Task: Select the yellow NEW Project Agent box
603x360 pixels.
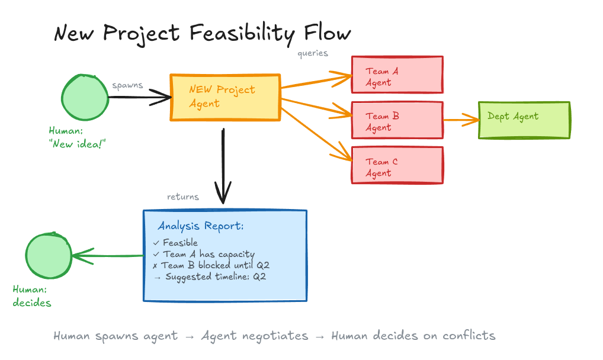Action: [x=225, y=97]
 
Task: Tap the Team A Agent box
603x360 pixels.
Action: [x=397, y=75]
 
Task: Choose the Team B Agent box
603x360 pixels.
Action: [x=397, y=120]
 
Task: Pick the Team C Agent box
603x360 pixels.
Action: [x=397, y=165]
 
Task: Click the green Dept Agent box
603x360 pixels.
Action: [x=524, y=120]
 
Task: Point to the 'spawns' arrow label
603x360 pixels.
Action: [x=127, y=85]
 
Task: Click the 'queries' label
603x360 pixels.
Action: [x=313, y=53]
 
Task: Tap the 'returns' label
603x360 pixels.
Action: [x=183, y=197]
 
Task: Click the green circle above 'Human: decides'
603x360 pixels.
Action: [x=48, y=256]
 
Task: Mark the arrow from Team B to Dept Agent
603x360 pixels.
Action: [x=460, y=120]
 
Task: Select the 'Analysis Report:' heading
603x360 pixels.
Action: [x=200, y=226]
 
